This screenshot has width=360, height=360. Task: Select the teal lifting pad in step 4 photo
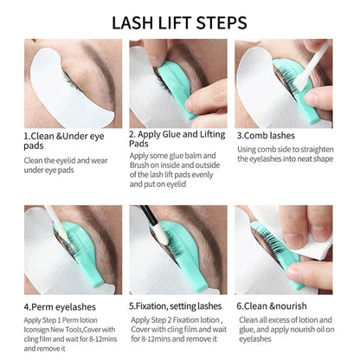click(x=65, y=247)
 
